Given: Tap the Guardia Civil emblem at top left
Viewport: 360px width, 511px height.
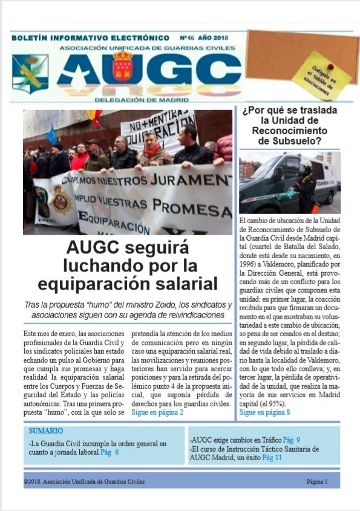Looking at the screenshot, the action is tap(30, 73).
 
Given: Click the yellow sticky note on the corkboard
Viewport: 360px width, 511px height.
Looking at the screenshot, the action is tap(321, 76).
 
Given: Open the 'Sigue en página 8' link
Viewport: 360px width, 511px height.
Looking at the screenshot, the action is tap(264, 412).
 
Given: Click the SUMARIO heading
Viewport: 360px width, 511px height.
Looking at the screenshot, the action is tap(45, 431).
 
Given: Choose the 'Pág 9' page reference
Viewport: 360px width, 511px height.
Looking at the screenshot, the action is tap(292, 440).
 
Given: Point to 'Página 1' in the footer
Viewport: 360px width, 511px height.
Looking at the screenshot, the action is tap(316, 482).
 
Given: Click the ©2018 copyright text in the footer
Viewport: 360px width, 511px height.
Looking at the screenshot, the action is tap(84, 482).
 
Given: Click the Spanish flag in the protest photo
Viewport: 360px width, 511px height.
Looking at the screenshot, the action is tap(95, 117).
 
